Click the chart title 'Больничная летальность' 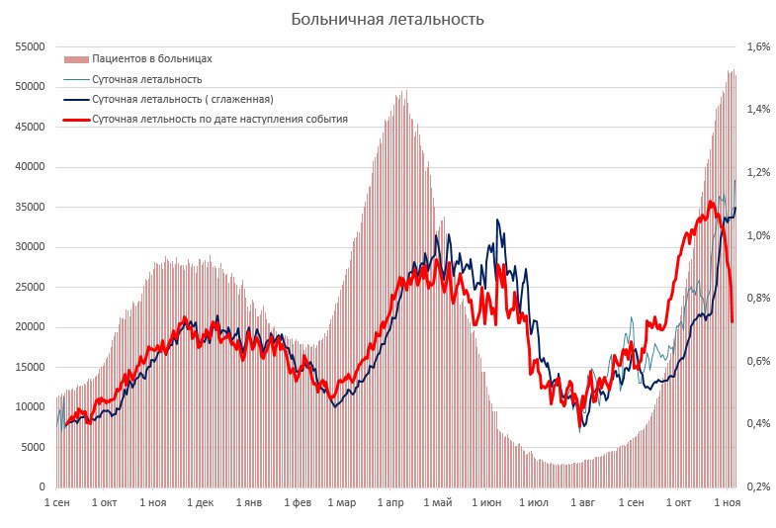(x=388, y=20)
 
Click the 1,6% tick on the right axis (x=758, y=46)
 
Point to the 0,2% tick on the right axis (x=758, y=487)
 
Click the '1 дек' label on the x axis (x=201, y=503)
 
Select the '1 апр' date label (x=391, y=503)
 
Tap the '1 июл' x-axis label (x=534, y=503)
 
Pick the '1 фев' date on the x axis (x=297, y=503)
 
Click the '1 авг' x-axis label (x=583, y=503)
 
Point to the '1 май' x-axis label (x=438, y=503)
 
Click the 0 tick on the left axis (x=43, y=487)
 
